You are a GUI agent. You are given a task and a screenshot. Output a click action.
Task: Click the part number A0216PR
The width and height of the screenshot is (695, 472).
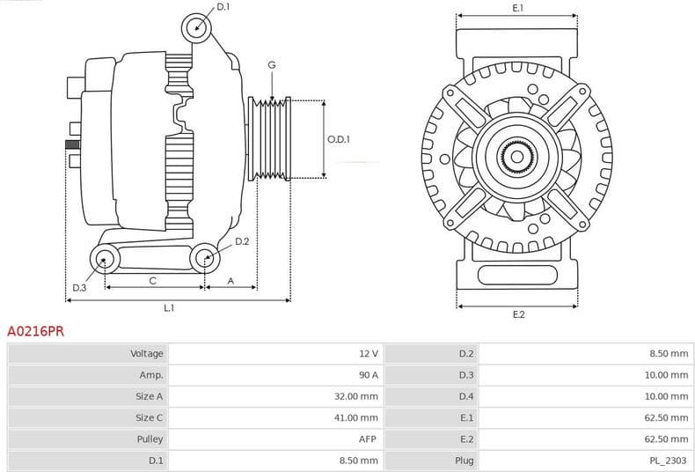click(35, 332)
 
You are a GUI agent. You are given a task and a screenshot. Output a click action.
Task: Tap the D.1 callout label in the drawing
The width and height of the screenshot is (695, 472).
click(223, 7)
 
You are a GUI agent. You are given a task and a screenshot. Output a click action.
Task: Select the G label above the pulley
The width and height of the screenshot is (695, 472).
click(272, 65)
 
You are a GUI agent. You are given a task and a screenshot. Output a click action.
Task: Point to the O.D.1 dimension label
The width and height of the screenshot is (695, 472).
click(339, 139)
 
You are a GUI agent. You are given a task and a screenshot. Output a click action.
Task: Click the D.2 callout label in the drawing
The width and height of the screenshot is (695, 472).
click(242, 240)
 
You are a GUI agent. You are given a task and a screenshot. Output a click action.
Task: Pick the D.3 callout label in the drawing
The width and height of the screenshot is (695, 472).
click(79, 287)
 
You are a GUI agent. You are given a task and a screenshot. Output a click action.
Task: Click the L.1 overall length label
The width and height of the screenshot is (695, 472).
click(169, 308)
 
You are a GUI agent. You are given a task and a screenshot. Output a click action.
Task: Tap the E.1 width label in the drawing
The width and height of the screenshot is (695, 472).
click(517, 8)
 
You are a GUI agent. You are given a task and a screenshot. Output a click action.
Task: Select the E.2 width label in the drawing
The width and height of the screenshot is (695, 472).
click(518, 314)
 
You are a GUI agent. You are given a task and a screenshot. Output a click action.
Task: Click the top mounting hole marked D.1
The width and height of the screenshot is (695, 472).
click(197, 27)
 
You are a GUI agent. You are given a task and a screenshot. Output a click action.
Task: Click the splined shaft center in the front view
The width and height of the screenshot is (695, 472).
click(517, 159)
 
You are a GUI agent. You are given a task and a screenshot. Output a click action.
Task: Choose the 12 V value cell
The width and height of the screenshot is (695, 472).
click(368, 354)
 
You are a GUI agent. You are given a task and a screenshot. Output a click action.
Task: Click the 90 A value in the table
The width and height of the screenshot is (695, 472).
click(368, 375)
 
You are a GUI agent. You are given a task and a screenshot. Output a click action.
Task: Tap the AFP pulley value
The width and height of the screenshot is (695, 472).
click(369, 439)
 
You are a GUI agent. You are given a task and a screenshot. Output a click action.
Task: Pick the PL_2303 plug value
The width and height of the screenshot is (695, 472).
click(669, 460)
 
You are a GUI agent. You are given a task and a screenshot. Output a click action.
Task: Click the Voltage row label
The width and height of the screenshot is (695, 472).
click(147, 354)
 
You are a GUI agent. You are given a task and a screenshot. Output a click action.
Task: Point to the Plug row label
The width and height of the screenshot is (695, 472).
click(465, 460)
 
